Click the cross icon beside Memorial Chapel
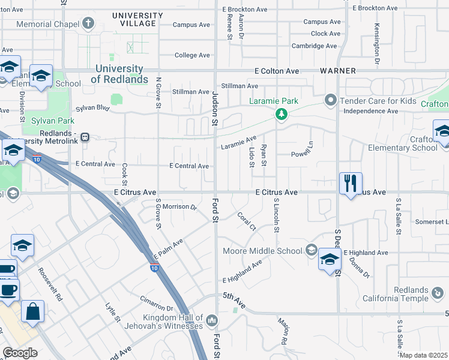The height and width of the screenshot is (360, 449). [x=89, y=24]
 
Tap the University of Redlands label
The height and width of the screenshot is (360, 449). [x=121, y=74]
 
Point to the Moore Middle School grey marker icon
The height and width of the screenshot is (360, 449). [x=311, y=250]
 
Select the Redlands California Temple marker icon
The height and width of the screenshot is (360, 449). [x=438, y=294]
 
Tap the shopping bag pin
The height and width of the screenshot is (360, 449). [x=32, y=312]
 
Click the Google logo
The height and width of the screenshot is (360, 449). [x=20, y=352]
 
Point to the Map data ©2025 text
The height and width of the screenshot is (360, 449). [x=423, y=355]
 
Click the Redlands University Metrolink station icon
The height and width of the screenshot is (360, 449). [x=86, y=136]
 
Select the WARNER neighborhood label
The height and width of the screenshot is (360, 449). [x=338, y=71]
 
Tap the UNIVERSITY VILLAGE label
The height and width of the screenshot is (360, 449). [x=137, y=20]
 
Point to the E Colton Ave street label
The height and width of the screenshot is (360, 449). [x=276, y=71]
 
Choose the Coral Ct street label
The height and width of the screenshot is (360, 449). [x=247, y=221]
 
